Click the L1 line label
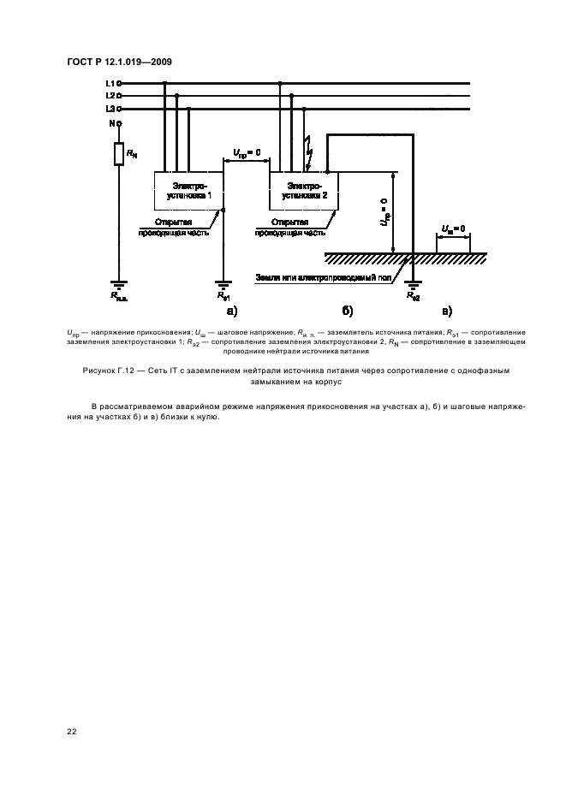click(x=110, y=84)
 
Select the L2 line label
click(x=110, y=96)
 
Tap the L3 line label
click(x=110, y=109)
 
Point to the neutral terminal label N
click(x=111, y=123)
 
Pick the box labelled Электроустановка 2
click(x=304, y=191)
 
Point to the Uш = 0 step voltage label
click(x=452, y=228)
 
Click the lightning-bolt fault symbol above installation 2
click(x=310, y=155)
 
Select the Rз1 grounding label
click(x=223, y=296)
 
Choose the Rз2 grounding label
click(x=413, y=296)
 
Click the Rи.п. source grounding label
click(x=119, y=296)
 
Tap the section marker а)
click(x=232, y=311)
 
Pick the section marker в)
click(x=446, y=311)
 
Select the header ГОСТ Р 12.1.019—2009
click(x=121, y=62)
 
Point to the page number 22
click(x=71, y=731)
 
